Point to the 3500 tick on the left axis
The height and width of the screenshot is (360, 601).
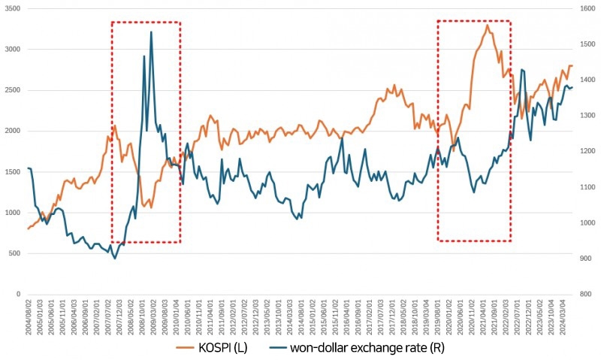pos(12,8)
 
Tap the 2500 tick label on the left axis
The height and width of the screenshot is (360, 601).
pos(12,90)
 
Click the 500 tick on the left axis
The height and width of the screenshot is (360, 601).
pos(14,253)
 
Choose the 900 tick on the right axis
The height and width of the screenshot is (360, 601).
pos(585,259)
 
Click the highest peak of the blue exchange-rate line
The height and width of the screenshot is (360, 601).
pos(151,32)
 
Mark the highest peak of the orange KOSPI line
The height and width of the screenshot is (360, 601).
pos(488,25)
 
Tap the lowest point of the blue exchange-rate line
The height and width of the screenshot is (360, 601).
pos(115,259)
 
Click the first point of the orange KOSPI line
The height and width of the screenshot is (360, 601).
pos(28,228)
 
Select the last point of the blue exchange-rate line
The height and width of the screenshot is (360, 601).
pos(572,87)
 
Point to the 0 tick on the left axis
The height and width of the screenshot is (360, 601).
pos(18,294)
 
